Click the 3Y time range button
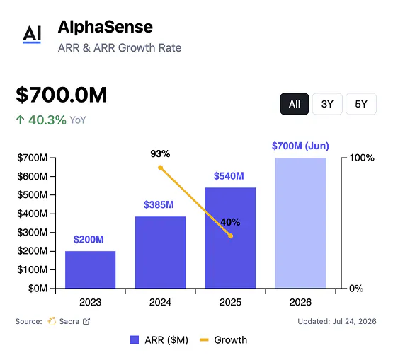tap(327, 104)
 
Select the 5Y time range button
tap(361, 104)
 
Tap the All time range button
tap(295, 104)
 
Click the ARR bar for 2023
tap(90, 269)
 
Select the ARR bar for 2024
tap(161, 252)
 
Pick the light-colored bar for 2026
tap(300, 223)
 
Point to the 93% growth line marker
tap(161, 168)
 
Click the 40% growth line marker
tap(231, 236)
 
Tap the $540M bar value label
tap(229, 176)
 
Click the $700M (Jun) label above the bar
tap(300, 146)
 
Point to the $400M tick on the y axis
tap(32, 214)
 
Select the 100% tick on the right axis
tap(362, 158)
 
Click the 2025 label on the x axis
tap(230, 302)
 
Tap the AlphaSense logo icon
tap(32, 35)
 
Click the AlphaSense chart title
tap(106, 27)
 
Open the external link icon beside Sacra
tap(86, 321)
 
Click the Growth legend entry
tap(223, 340)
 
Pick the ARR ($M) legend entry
tap(159, 340)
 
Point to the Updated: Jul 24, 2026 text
tap(337, 321)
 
